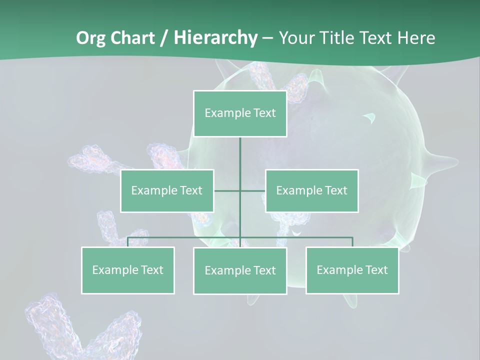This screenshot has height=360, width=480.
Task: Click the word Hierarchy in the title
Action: [x=215, y=38]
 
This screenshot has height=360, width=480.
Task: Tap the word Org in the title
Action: [x=91, y=38]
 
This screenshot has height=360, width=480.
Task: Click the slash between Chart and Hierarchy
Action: [x=164, y=38]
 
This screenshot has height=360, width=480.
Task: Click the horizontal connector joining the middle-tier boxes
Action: [x=227, y=190]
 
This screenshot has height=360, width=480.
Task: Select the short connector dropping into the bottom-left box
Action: [x=128, y=242]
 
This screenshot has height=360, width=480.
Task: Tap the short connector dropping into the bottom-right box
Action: [x=352, y=242]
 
